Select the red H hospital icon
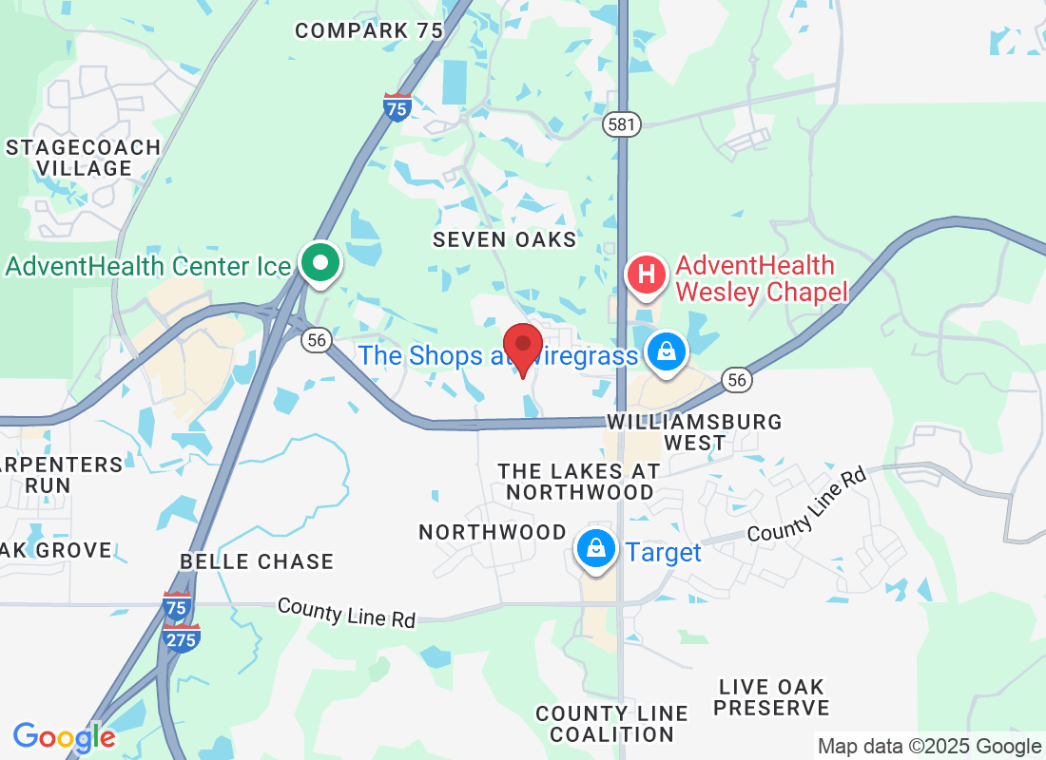(x=647, y=275)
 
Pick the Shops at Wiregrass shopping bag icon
(x=668, y=351)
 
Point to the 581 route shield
(x=621, y=123)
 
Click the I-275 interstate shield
(x=182, y=637)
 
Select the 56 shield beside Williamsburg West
(x=737, y=379)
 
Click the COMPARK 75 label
(x=369, y=30)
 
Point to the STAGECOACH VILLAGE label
(x=84, y=158)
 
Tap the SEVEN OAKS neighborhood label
(x=505, y=239)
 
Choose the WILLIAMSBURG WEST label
(x=694, y=431)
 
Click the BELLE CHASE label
(x=257, y=561)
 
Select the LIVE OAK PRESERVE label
(x=773, y=696)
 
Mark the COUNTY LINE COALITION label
(x=611, y=723)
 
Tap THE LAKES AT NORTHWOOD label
(x=579, y=482)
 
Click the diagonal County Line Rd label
(x=807, y=504)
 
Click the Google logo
(x=64, y=737)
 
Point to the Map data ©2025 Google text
(x=929, y=747)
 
